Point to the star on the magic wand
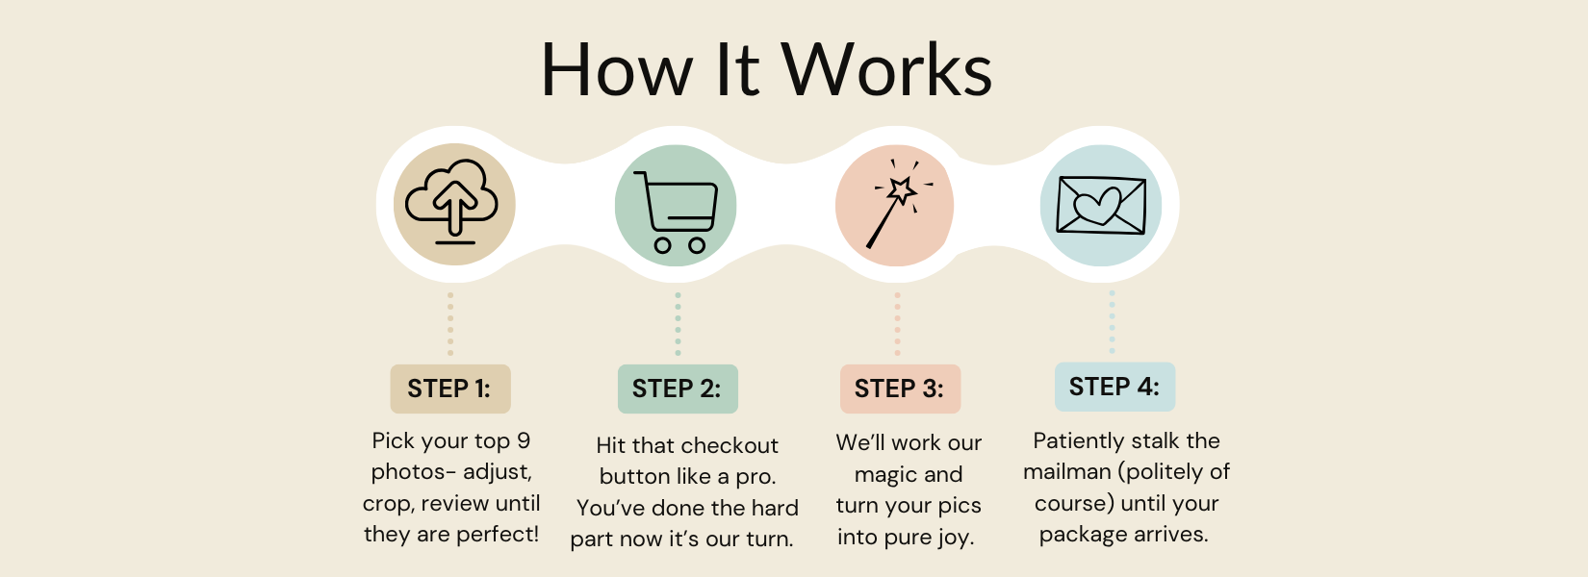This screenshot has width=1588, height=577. [902, 189]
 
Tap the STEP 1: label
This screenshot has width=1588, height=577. [449, 389]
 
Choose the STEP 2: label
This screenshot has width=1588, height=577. [677, 389]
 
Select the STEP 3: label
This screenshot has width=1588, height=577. [900, 389]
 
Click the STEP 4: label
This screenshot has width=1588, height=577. [1114, 387]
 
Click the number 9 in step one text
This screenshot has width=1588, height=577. [524, 440]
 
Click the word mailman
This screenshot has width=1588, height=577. [1067, 472]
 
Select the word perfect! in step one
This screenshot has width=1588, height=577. [498, 535]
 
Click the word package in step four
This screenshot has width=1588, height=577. [1083, 536]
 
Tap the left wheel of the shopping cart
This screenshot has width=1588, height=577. [662, 245]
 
